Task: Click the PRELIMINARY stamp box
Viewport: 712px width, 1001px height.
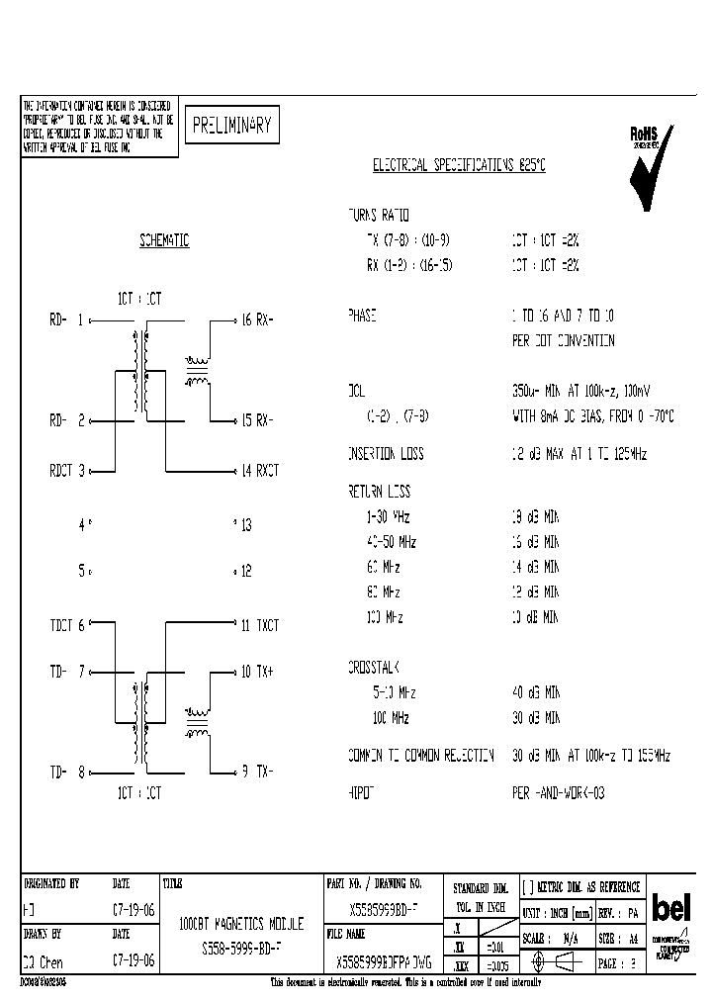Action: [x=230, y=126]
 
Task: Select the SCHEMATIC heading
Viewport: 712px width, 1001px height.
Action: [x=164, y=241]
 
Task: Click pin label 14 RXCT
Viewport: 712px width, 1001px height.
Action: [x=260, y=471]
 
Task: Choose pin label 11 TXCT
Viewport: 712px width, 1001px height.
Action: [x=260, y=625]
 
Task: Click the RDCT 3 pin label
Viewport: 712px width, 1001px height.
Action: [x=68, y=471]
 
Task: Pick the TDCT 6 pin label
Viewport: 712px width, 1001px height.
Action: [x=68, y=625]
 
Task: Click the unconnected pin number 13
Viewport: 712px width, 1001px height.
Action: [x=244, y=525]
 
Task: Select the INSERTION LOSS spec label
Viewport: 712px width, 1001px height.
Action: [x=385, y=453]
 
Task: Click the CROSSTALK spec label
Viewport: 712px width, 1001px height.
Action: [x=374, y=668]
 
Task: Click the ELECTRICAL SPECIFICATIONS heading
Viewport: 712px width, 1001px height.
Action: [x=458, y=166]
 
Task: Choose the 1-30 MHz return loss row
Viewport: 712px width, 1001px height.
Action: [x=388, y=516]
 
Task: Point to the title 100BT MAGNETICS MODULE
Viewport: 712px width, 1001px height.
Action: [x=240, y=924]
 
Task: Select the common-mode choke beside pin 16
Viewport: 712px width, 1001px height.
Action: [x=198, y=370]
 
